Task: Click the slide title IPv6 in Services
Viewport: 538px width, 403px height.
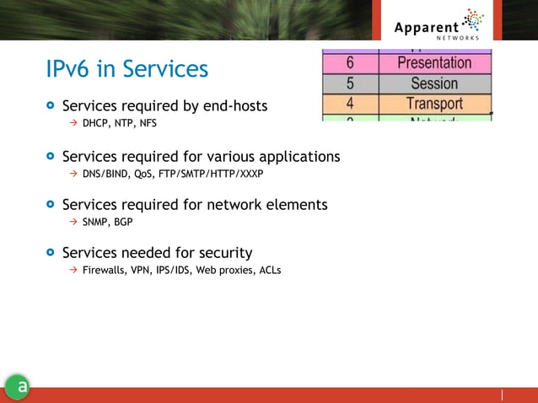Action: pyautogui.click(x=126, y=69)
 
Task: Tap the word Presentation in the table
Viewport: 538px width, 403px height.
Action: pyautogui.click(x=434, y=63)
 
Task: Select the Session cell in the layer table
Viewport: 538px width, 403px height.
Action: pyautogui.click(x=434, y=83)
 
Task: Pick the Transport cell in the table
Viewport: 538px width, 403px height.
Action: pyautogui.click(x=434, y=104)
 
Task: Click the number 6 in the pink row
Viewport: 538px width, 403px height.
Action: pyautogui.click(x=349, y=63)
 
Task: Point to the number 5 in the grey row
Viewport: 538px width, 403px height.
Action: pyautogui.click(x=349, y=83)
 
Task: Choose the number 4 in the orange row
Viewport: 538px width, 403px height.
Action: pyautogui.click(x=349, y=104)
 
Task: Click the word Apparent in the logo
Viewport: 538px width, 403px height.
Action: pyautogui.click(x=427, y=27)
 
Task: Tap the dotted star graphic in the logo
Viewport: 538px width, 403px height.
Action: pyautogui.click(x=475, y=20)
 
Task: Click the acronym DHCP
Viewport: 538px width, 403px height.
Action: pyautogui.click(x=95, y=123)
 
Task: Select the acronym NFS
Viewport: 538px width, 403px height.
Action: pyautogui.click(x=148, y=123)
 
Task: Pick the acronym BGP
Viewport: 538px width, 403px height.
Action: pyautogui.click(x=123, y=223)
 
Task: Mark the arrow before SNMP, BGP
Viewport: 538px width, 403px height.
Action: pyautogui.click(x=73, y=223)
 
